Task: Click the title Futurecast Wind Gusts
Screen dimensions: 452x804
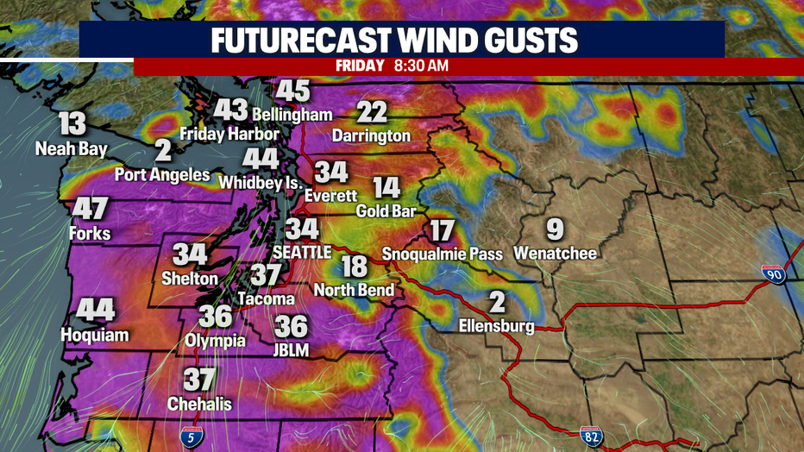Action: coord(401,41)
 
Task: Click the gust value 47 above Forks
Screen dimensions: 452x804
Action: coord(90,210)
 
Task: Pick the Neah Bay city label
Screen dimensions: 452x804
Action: coord(72,149)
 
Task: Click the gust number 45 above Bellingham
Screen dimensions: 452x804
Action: coord(292,91)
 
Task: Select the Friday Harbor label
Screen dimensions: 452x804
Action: coord(229,134)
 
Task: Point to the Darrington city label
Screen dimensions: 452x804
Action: coord(372,135)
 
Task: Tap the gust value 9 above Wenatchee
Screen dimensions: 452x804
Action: coord(555,230)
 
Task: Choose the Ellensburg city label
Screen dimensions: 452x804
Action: coord(497,326)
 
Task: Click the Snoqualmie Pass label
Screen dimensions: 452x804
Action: coord(441,254)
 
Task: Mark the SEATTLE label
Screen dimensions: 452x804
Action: coord(302,252)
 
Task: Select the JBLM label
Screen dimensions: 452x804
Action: coord(292,349)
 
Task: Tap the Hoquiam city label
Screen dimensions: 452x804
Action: coord(95,334)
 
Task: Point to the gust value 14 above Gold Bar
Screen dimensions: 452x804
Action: coord(386,188)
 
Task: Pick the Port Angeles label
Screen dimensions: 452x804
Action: coord(163,174)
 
